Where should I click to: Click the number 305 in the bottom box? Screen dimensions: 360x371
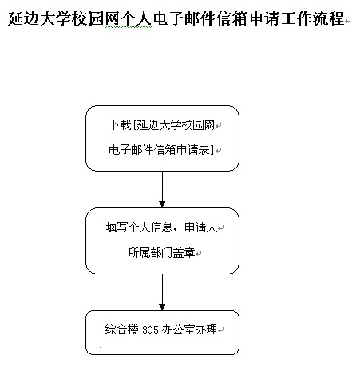pyautogui.click(x=150, y=330)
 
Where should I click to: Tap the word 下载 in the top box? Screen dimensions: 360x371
pyautogui.click(x=120, y=124)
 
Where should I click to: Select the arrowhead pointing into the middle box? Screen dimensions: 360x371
pyautogui.click(x=162, y=204)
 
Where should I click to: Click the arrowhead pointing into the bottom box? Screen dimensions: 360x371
pyautogui.click(x=162, y=306)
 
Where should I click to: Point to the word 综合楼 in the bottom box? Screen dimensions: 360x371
pyautogui.click(x=121, y=330)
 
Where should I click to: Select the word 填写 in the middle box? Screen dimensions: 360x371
pyautogui.click(x=117, y=227)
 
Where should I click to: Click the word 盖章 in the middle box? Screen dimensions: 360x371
pyautogui.click(x=184, y=252)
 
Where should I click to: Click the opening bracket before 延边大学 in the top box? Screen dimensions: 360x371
pyautogui.click(x=135, y=124)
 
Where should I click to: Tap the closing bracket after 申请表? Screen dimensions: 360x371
pyautogui.click(x=212, y=150)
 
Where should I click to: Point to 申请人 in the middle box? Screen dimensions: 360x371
pyautogui.click(x=201, y=227)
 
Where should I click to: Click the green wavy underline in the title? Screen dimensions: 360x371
pyautogui.click(x=128, y=27)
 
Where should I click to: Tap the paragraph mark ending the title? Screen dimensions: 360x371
pyautogui.click(x=347, y=21)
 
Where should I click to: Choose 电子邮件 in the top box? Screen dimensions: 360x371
pyautogui.click(x=131, y=150)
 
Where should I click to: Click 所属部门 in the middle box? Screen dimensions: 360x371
pyautogui.click(x=150, y=252)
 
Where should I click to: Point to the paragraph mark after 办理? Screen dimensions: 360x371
pyautogui.click(x=220, y=330)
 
